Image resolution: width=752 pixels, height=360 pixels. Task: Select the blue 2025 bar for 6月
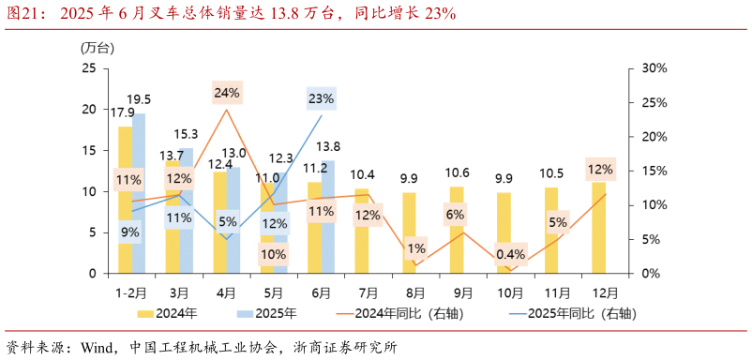point(327,217)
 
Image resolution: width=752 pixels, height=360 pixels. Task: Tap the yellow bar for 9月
point(457,230)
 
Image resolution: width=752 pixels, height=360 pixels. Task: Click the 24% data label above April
point(227,93)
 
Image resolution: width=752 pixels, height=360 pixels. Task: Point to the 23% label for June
point(321,98)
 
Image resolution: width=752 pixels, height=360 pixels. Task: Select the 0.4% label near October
point(511,255)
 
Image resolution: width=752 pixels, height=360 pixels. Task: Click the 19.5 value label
point(139,99)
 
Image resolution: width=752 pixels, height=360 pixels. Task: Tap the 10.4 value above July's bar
point(363,175)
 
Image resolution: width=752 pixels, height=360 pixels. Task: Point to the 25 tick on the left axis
point(89,68)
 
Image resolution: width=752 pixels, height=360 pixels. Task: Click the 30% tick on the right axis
point(654,68)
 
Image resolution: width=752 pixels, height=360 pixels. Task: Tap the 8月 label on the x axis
point(409,292)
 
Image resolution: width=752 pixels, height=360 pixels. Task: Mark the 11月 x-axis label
point(551,292)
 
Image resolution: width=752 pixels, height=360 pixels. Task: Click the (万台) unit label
point(93,47)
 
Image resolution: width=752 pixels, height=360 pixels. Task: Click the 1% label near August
point(416,248)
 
